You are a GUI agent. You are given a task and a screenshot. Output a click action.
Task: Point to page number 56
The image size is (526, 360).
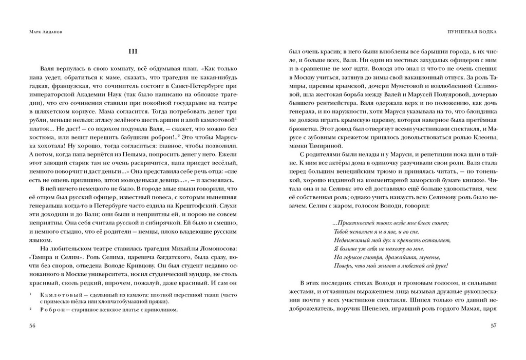click(x=32, y=326)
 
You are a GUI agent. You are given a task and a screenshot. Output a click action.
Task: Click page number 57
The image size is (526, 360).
click(x=494, y=326)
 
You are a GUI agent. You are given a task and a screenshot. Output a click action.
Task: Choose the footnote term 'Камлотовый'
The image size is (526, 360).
click(x=55, y=295)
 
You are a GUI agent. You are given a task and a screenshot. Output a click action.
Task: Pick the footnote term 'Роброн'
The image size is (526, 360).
click(x=49, y=310)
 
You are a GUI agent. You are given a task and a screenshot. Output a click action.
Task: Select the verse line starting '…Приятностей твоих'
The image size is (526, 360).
click(x=390, y=223)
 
